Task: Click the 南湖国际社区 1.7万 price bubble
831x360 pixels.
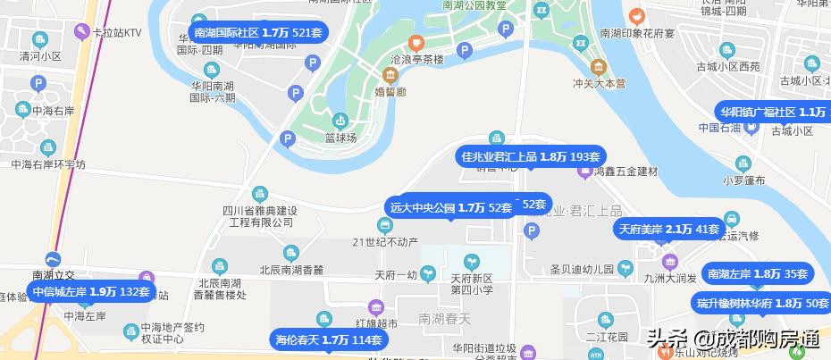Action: (x=257, y=32)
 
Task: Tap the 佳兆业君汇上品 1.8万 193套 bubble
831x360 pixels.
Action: (x=530, y=156)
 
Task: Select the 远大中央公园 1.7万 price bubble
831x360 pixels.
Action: (x=451, y=207)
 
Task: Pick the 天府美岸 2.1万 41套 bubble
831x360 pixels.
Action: (x=668, y=230)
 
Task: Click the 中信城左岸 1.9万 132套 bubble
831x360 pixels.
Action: (x=89, y=291)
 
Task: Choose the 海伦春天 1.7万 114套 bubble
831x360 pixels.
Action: (x=328, y=339)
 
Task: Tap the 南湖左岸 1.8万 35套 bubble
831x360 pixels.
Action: (x=756, y=274)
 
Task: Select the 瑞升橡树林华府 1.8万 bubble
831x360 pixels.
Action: (x=762, y=304)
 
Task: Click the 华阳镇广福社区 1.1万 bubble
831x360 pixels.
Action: (x=774, y=112)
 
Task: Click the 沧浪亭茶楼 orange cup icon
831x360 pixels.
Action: (x=415, y=42)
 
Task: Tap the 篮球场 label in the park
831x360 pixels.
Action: (x=340, y=138)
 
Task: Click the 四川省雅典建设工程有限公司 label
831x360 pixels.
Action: (x=259, y=215)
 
